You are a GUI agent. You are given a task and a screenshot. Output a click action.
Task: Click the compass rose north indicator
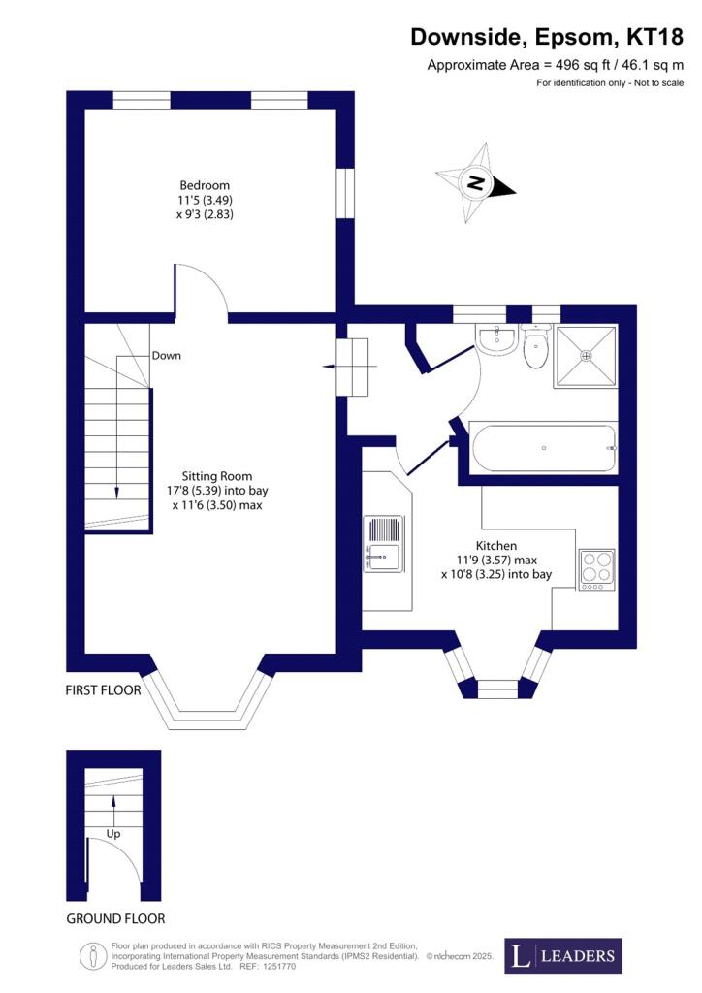(x=475, y=182)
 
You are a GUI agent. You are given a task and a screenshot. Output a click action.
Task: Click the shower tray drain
(x=585, y=356)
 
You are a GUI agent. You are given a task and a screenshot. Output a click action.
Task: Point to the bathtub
(x=542, y=448)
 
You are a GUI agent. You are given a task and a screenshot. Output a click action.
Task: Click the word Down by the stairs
(x=166, y=356)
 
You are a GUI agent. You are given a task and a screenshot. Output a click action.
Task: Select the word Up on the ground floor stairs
(x=114, y=833)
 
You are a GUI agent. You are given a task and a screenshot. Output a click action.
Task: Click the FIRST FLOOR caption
(x=103, y=691)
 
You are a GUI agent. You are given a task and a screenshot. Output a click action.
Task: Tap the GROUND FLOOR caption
(x=115, y=918)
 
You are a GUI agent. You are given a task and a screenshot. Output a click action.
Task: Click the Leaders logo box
(x=563, y=955)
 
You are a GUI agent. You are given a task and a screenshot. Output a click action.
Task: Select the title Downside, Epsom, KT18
(x=547, y=37)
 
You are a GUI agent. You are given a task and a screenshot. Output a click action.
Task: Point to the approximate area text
(x=555, y=65)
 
